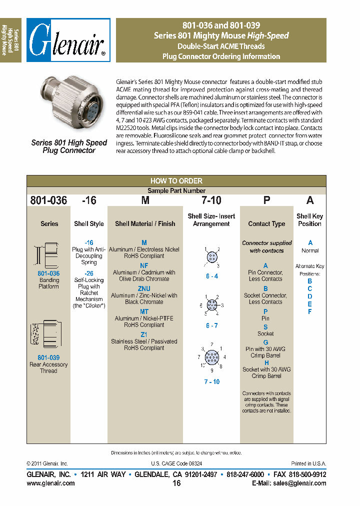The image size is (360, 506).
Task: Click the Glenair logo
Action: [68, 40]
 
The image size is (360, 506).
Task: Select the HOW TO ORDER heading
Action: [176, 181]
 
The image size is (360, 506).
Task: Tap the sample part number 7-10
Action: [211, 200]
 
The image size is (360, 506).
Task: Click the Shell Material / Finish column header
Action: [145, 224]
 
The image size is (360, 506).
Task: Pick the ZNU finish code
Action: [144, 289]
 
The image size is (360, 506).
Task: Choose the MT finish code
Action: [144, 311]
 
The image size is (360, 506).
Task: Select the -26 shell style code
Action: [89, 273]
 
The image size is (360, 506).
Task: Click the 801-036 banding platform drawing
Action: [48, 255]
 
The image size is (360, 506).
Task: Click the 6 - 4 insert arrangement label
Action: [211, 276]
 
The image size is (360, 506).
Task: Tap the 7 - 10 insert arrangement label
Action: [211, 381]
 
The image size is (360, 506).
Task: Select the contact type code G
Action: [265, 342]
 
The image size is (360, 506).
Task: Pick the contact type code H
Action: [266, 363]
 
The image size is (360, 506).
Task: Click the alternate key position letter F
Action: [310, 311]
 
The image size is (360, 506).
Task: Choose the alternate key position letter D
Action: [310, 296]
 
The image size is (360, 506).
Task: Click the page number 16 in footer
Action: [176, 483]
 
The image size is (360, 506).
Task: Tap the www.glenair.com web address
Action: [50, 483]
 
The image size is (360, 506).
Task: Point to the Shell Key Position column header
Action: [309, 220]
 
